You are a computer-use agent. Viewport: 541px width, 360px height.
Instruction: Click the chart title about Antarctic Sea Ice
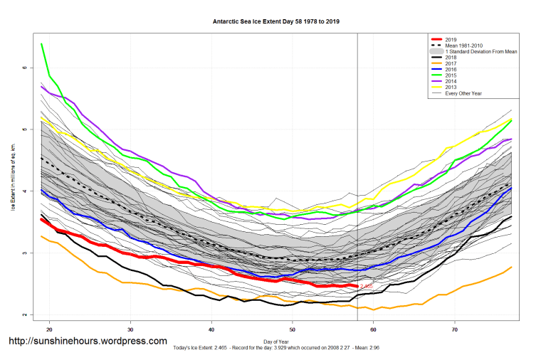click(276, 21)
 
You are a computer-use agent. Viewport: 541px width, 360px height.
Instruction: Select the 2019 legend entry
click(451, 40)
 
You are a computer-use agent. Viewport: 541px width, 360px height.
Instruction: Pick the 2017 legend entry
click(451, 63)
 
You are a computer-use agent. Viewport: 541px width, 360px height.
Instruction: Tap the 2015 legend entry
click(451, 75)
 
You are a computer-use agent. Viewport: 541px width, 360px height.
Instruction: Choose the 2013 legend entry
click(451, 87)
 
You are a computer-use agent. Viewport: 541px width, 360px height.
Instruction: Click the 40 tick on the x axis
click(211, 330)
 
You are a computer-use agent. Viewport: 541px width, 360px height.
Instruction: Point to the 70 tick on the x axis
click(453, 330)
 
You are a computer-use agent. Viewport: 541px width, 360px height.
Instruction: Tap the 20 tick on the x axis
click(50, 330)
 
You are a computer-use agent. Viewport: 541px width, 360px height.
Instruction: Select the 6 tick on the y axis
click(23, 68)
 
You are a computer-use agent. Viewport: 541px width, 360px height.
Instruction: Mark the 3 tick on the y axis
click(23, 253)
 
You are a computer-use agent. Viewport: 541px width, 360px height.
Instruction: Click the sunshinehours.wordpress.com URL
click(88, 342)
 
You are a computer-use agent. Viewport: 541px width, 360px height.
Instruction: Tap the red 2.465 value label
click(367, 287)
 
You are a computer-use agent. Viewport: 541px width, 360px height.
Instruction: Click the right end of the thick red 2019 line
click(356, 286)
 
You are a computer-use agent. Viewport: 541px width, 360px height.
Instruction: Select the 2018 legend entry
click(451, 58)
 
